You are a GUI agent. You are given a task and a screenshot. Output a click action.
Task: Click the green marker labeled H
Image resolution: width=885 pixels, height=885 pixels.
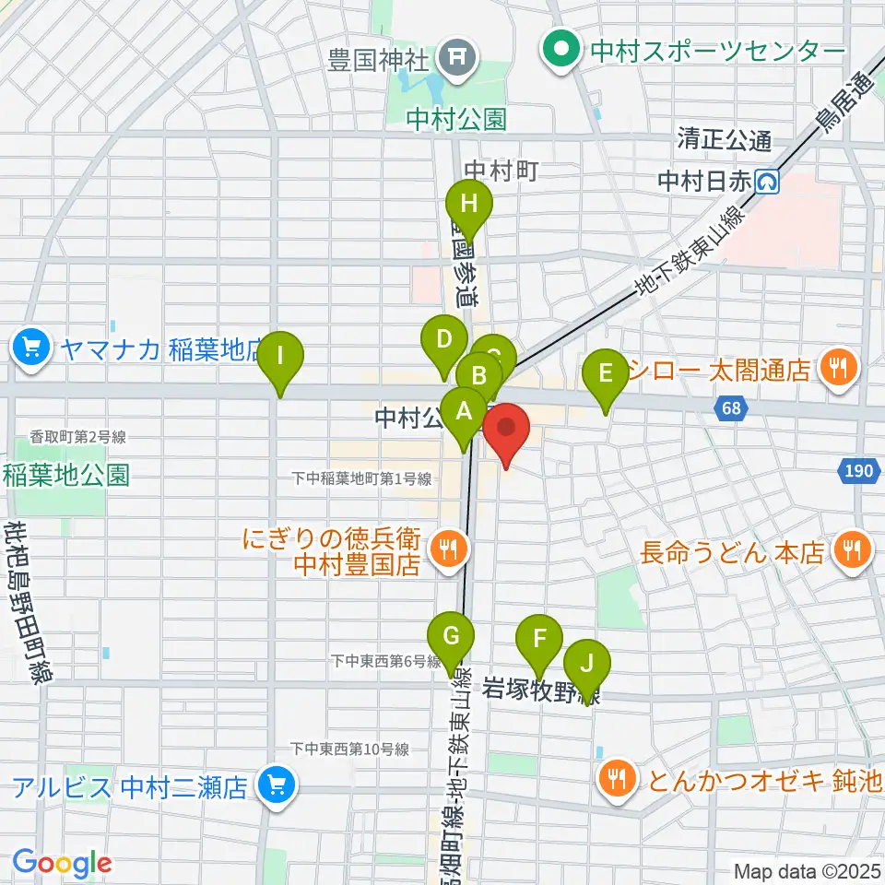tap(469, 205)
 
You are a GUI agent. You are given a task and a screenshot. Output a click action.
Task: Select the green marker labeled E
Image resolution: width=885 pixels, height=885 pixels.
tap(606, 373)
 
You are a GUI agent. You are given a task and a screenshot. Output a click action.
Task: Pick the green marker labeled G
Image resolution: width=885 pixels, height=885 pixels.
tap(451, 636)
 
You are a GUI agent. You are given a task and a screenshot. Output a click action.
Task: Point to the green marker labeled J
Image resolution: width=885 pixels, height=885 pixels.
tap(587, 662)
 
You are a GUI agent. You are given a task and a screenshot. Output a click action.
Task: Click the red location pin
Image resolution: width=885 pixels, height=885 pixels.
tap(506, 429)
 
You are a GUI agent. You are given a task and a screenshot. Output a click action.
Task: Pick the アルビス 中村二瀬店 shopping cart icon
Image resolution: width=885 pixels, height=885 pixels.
tap(275, 786)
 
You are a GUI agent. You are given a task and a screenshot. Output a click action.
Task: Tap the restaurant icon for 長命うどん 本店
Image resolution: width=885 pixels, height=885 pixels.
tap(849, 552)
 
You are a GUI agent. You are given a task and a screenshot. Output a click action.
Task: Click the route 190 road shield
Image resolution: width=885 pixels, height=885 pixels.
tap(855, 471)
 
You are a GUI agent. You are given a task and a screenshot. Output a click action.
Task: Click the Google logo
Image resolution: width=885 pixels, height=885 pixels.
tap(62, 863)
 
